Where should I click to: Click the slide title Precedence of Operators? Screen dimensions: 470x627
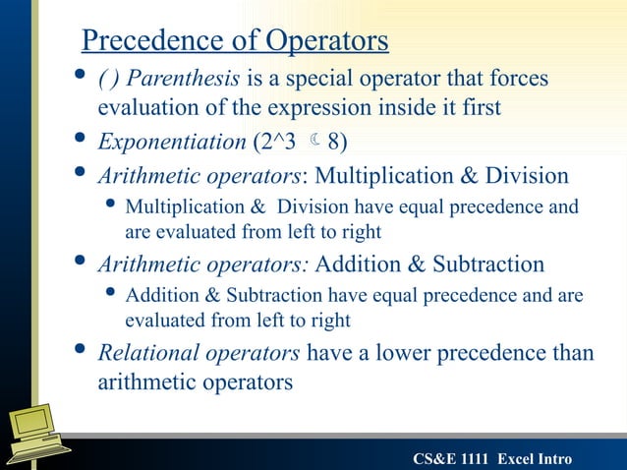click(x=235, y=41)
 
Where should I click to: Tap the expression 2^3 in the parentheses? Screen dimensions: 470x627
click(x=277, y=142)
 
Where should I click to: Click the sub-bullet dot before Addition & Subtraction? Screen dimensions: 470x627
click(x=112, y=295)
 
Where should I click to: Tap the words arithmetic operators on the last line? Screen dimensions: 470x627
click(x=195, y=382)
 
